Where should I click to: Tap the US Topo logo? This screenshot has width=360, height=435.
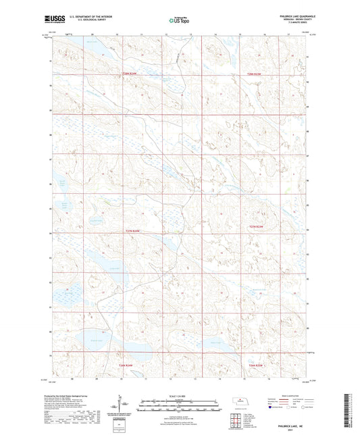[179, 21]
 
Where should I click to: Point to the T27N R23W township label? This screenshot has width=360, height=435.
[255, 226]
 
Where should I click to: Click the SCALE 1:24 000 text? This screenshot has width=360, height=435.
[180, 395]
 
